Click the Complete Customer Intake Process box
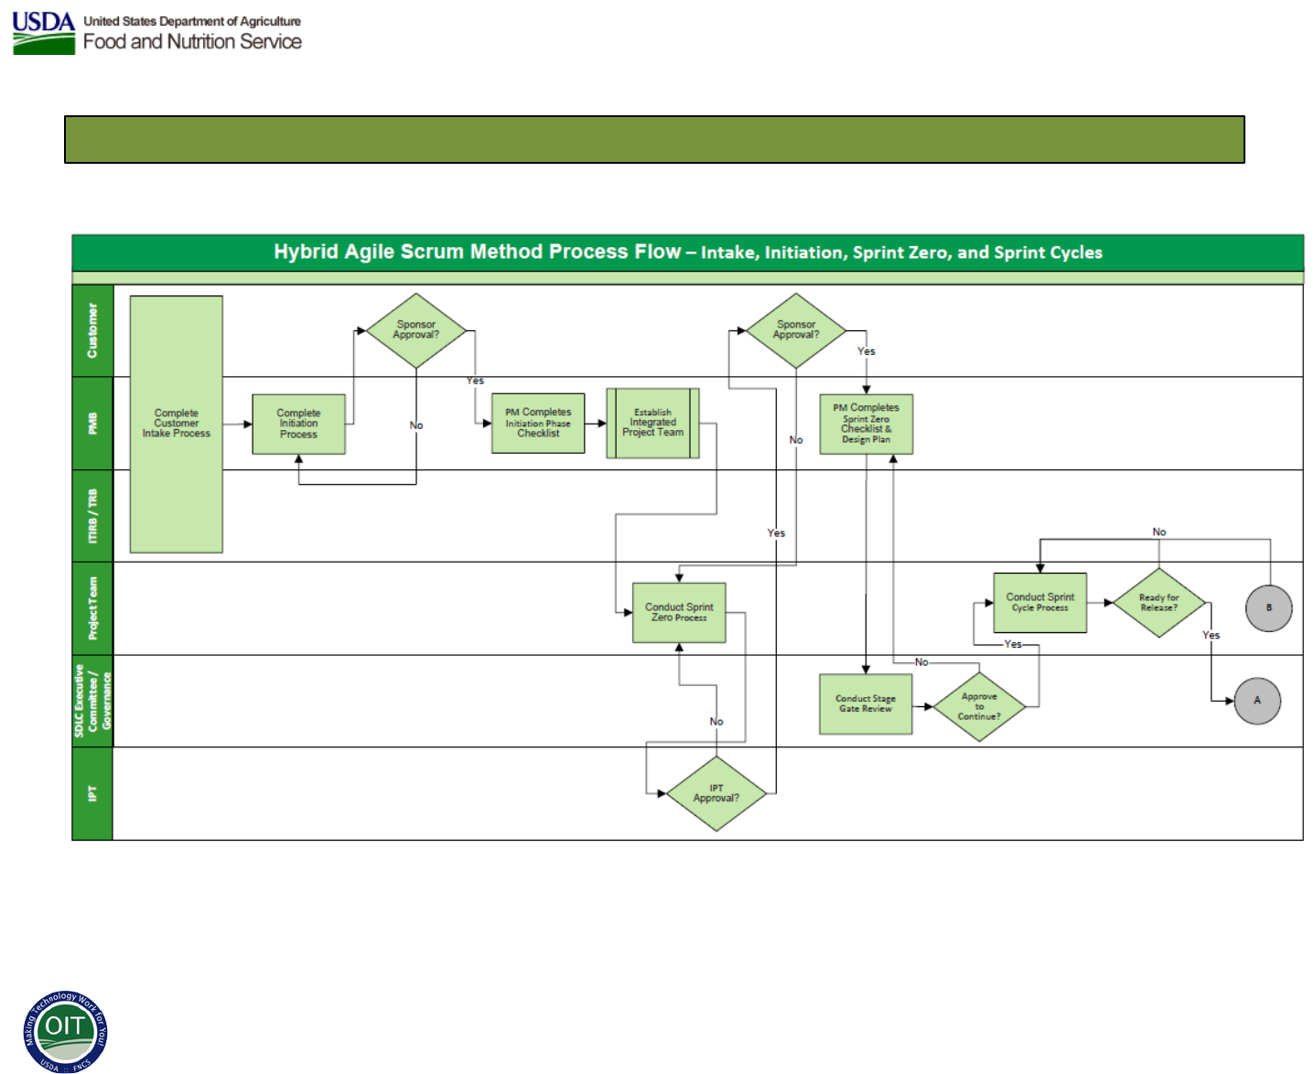pyautogui.click(x=176, y=424)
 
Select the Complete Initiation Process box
pyautogui.click(x=298, y=424)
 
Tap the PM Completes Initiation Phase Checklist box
pyautogui.click(x=538, y=423)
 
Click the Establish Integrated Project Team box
pyautogui.click(x=652, y=423)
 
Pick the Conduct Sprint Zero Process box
pyautogui.click(x=679, y=612)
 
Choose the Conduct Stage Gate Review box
pyautogui.click(x=866, y=703)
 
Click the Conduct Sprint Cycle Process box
pyautogui.click(x=1040, y=602)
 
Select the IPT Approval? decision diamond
pyautogui.click(x=716, y=793)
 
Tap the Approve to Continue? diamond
pyautogui.click(x=979, y=706)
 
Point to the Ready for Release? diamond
pyautogui.click(x=1159, y=602)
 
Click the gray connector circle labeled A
pyautogui.click(x=1257, y=701)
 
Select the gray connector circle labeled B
pyautogui.click(x=1269, y=607)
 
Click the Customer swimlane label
pyautogui.click(x=92, y=330)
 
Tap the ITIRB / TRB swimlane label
pyautogui.click(x=92, y=516)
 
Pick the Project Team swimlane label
pyautogui.click(x=92, y=608)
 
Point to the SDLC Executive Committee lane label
pyautogui.click(x=92, y=701)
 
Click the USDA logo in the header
pyautogui.click(x=44, y=33)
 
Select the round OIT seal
pyautogui.click(x=65, y=1032)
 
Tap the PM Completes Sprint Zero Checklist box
pyautogui.click(x=866, y=424)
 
